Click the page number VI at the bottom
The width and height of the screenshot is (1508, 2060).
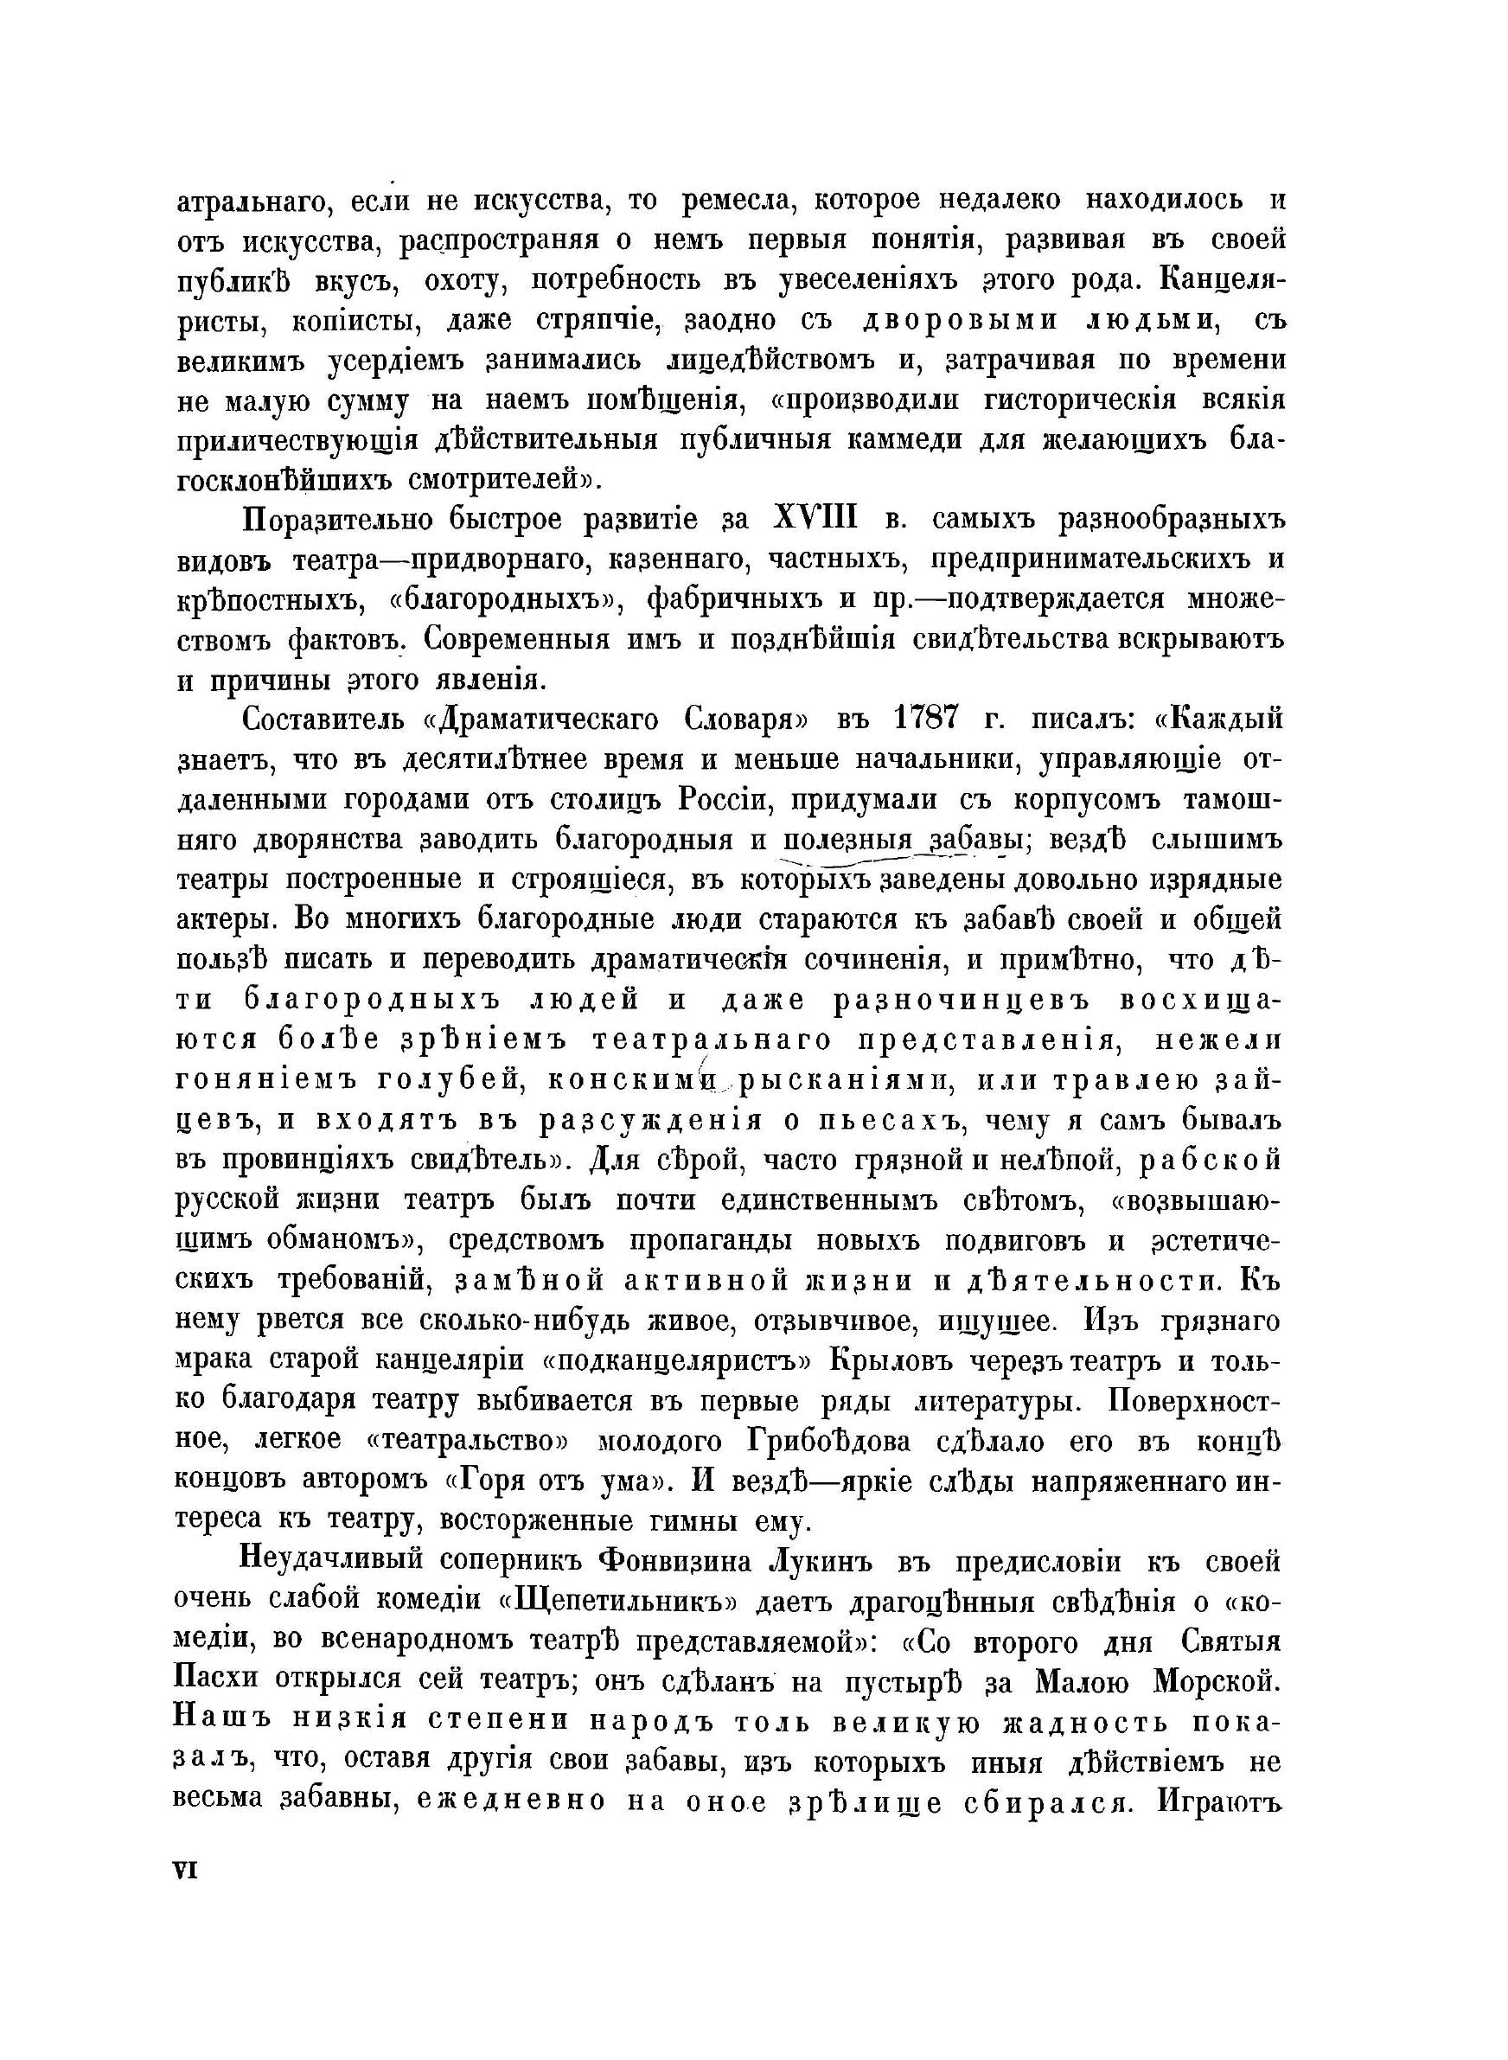[x=185, y=1868]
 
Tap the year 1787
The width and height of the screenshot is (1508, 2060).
[x=923, y=720]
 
